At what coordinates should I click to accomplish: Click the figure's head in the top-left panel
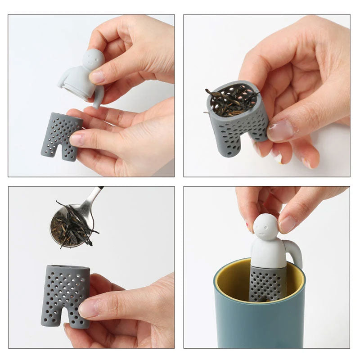tap(94, 59)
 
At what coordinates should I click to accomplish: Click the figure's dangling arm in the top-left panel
tap(97, 97)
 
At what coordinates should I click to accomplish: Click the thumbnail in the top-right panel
tap(281, 130)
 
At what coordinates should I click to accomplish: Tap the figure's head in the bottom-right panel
tap(265, 227)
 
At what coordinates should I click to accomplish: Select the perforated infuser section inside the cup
tap(268, 283)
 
